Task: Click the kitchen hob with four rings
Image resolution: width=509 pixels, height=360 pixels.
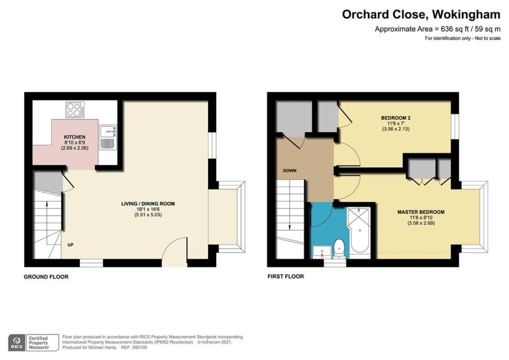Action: (76, 110)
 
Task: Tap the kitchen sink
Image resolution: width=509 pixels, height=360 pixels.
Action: (108, 137)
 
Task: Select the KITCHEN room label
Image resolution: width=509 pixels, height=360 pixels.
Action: (75, 137)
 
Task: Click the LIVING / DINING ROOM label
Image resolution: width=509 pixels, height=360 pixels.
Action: (148, 204)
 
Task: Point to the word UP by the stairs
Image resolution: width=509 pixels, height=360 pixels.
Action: (71, 245)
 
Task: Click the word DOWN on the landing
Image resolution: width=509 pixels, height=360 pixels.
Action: (290, 171)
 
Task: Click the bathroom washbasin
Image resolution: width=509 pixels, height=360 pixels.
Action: (322, 252)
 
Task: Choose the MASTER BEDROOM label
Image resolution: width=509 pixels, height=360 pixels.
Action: (421, 212)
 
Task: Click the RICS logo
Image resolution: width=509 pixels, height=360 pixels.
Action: (17, 343)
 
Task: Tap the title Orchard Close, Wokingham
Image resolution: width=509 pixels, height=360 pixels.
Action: (421, 14)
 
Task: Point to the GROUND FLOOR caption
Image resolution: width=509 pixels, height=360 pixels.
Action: (46, 277)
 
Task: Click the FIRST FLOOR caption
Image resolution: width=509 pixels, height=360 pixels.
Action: (286, 276)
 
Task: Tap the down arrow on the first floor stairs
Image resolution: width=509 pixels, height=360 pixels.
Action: (289, 215)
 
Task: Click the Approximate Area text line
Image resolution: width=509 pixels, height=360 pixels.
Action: (437, 29)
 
